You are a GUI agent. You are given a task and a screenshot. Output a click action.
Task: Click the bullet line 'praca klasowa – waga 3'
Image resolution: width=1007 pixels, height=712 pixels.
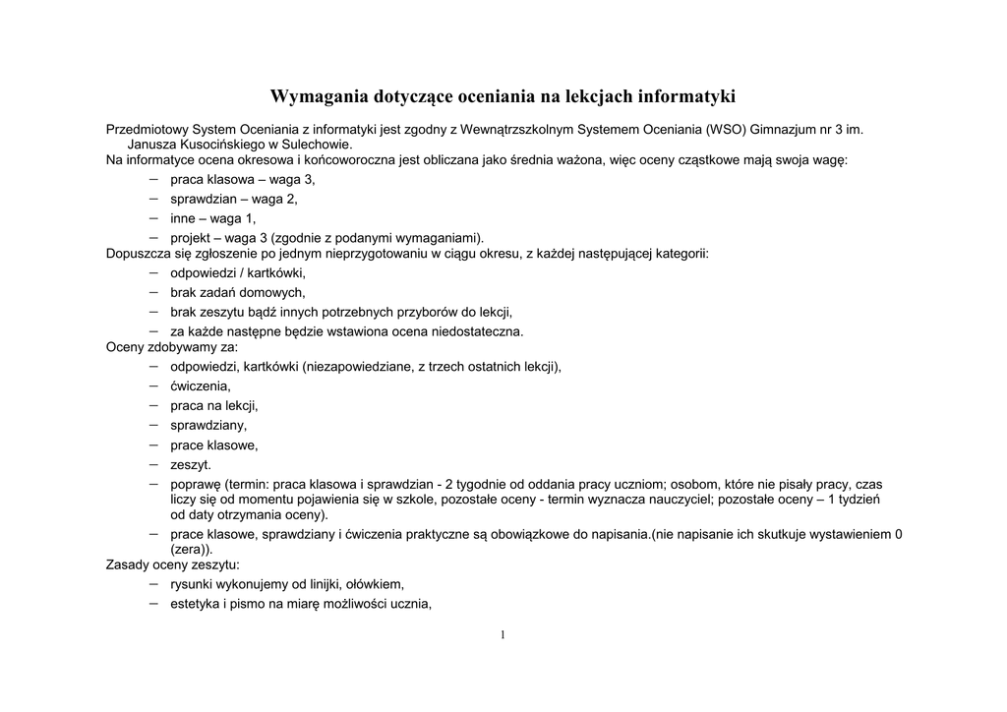[x=242, y=180]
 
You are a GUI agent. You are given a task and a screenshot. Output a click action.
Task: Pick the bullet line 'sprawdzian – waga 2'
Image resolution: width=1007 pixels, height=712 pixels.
[x=233, y=199]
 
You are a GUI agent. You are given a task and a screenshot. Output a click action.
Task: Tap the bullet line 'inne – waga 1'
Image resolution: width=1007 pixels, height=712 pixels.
[x=212, y=218]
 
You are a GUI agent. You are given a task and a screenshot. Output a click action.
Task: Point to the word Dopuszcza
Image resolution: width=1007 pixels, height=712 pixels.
[x=135, y=254]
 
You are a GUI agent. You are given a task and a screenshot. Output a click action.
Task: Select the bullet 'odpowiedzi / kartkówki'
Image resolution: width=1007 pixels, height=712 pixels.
[x=237, y=272]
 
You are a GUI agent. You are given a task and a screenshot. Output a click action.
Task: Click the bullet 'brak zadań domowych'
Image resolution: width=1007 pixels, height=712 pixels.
[x=237, y=292]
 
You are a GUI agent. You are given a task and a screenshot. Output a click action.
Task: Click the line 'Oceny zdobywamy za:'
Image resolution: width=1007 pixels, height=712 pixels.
[x=171, y=346]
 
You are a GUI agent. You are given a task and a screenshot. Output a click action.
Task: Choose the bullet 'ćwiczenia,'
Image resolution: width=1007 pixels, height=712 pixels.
[x=200, y=386]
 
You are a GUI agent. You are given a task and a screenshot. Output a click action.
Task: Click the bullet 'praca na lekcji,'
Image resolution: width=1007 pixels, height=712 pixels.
[x=213, y=405]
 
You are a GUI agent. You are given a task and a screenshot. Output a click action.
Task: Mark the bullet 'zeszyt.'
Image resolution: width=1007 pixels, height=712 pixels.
[x=190, y=464]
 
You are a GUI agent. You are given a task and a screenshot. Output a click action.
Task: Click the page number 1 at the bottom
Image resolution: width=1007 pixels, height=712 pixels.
[x=503, y=635]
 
